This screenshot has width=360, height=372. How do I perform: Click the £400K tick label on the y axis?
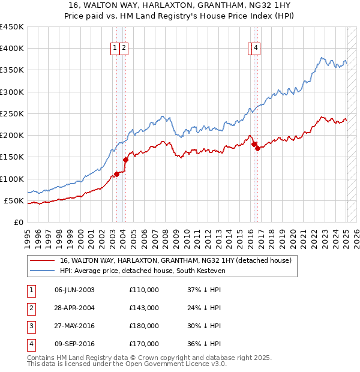click(11, 49)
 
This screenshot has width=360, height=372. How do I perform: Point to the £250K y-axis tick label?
click(11, 113)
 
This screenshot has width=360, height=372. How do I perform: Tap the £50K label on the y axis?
click(14, 200)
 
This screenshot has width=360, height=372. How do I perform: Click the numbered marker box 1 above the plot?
click(115, 49)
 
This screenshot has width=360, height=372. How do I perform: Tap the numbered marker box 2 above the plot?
click(124, 49)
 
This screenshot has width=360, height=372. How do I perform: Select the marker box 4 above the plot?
click(256, 49)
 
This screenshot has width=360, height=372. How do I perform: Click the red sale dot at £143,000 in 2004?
click(126, 160)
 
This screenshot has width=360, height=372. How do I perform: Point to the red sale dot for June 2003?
click(117, 174)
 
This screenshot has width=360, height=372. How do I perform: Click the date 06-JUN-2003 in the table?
click(74, 290)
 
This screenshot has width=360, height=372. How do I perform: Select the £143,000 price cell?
click(144, 308)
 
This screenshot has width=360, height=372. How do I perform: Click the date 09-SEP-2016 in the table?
click(74, 344)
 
